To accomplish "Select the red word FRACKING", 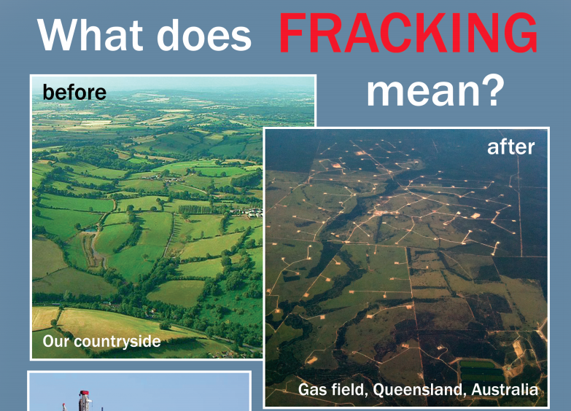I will point(408,34).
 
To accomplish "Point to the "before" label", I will point(74,93).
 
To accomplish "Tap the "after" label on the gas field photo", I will point(510,146).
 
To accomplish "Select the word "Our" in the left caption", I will point(54,341).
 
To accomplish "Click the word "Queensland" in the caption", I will point(418,390).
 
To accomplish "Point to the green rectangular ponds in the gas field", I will point(482,367).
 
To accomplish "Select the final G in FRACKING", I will point(521,34).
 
